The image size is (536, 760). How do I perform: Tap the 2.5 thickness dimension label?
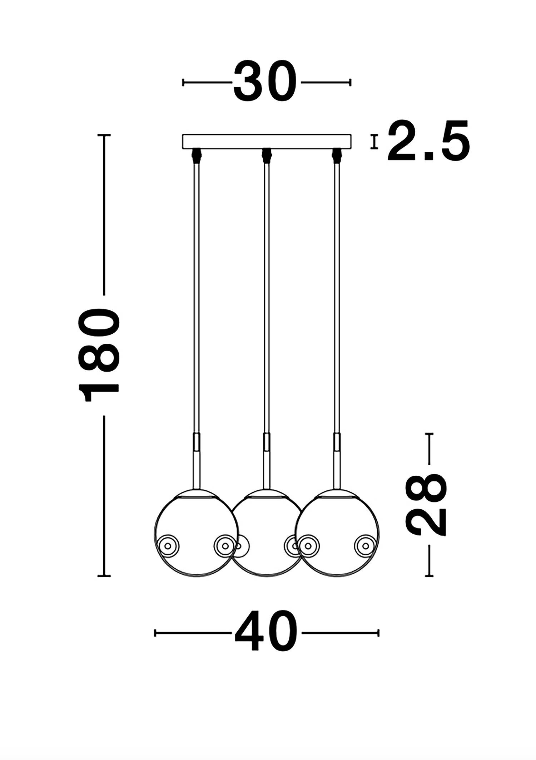pos(428,141)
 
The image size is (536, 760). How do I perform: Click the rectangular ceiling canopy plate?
pos(267,141)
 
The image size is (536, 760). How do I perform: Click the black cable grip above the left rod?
pos(196,155)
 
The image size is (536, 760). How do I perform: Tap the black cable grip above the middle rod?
pos(266,155)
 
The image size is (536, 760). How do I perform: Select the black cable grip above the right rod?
pos(336,155)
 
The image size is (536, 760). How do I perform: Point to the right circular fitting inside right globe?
pos(366,546)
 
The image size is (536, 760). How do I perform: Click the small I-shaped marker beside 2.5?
pos(374,142)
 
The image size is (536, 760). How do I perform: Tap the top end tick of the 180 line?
pos(104,135)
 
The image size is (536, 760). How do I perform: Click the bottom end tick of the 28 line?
pos(429,576)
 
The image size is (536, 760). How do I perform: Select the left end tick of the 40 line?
pos(155,633)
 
